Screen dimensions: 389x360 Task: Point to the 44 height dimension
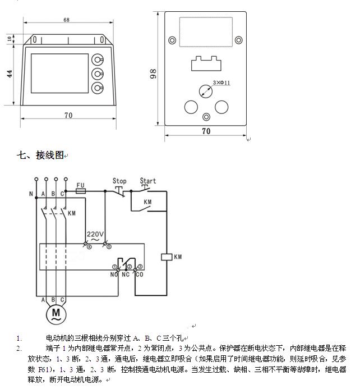[10, 74]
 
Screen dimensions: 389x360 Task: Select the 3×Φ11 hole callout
[221, 83]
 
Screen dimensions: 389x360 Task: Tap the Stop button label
[119, 181]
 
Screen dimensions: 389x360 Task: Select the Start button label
[148, 181]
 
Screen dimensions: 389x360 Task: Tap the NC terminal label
[125, 274]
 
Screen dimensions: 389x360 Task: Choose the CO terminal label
[140, 274]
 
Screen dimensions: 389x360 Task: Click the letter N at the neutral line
[31, 194]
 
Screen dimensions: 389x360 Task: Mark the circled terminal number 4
[89, 247]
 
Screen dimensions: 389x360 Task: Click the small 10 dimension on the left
[10, 39]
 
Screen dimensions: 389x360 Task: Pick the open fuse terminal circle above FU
[66, 180]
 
